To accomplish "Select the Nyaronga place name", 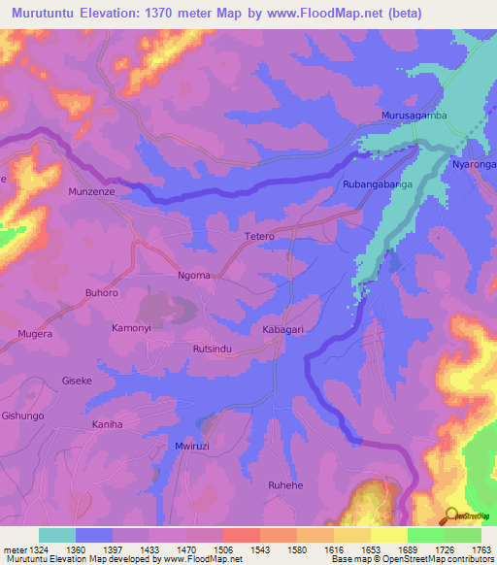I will point(474,165).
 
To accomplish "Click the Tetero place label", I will point(258,236).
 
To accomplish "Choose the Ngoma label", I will point(194,276).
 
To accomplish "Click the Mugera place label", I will point(34,333).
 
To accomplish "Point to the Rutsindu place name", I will point(212,349).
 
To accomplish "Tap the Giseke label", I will point(77,381).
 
